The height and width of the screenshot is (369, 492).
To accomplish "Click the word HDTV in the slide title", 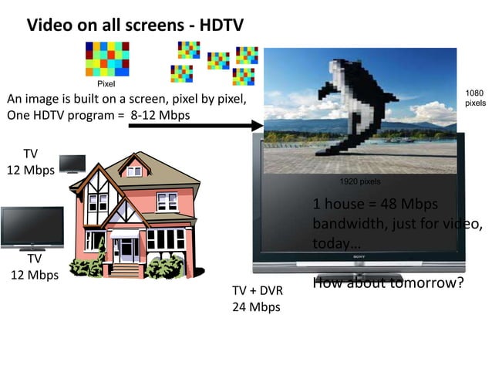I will pos(219,25).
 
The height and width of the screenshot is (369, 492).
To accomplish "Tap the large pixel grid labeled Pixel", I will pos(106,59).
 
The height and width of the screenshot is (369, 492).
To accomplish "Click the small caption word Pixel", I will pos(106,83).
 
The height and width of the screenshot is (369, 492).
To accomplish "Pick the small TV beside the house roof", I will pos(72,163).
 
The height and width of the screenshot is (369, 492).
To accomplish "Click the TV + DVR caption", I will pos(256,291).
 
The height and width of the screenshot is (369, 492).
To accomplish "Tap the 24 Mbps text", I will pos(256,306).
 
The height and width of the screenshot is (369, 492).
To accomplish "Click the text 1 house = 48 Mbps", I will pos(376,204).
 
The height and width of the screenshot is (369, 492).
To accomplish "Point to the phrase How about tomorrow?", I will pos(388,283).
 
